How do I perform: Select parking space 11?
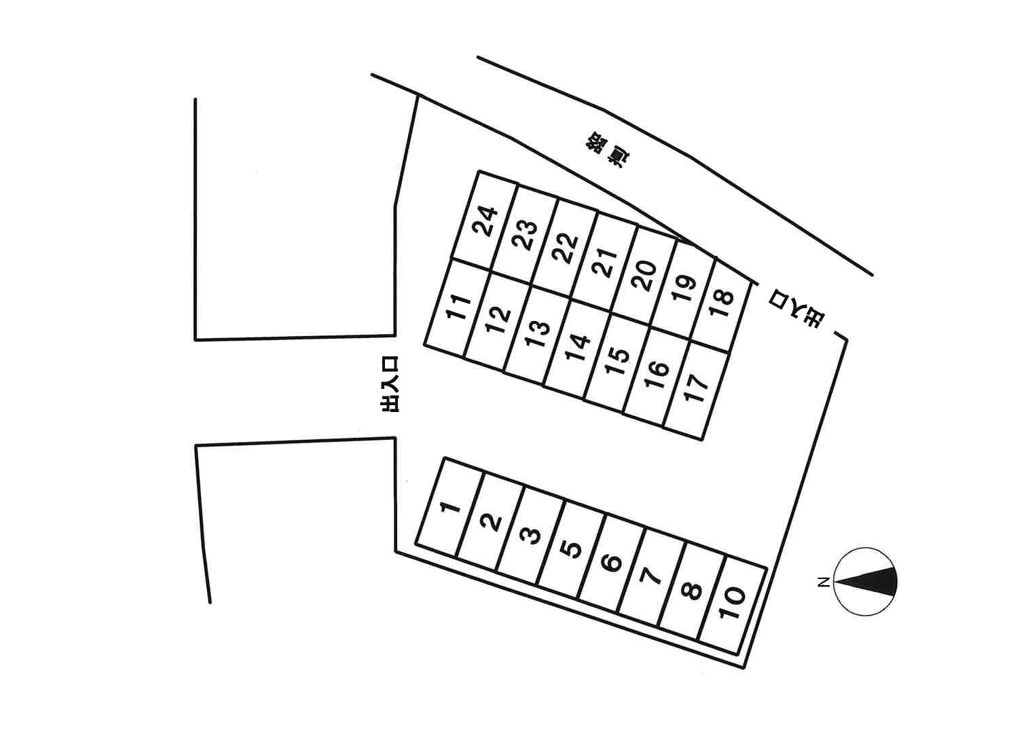[x=458, y=307]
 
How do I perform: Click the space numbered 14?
[x=577, y=348]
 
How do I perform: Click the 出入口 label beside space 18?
[x=795, y=309]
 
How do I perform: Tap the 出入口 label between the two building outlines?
[x=389, y=384]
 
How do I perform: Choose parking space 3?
[x=530, y=535]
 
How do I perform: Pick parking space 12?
[x=498, y=320]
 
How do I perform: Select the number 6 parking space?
[x=611, y=562]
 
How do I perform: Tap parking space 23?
[x=525, y=235]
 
